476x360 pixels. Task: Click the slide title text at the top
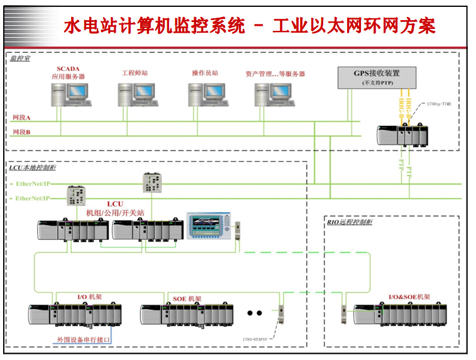(x=250, y=26)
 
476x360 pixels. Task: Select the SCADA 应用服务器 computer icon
(x=70, y=95)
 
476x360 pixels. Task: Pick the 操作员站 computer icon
(x=206, y=95)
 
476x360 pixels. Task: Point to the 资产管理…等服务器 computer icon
(x=273, y=95)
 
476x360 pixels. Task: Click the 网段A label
(x=21, y=118)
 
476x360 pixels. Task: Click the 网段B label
(x=21, y=132)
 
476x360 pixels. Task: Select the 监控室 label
(x=21, y=59)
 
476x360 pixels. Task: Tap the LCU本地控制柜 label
(x=32, y=168)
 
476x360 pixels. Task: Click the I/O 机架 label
(x=90, y=296)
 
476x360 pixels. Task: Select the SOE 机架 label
(x=187, y=298)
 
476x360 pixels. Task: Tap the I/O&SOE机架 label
(x=409, y=296)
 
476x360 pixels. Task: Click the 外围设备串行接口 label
(x=83, y=340)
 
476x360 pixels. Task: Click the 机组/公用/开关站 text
(x=115, y=213)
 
